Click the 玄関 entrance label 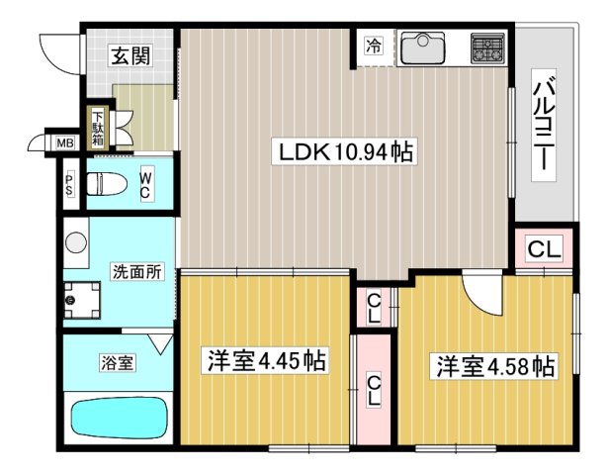click(x=129, y=55)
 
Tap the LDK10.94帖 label click(x=345, y=153)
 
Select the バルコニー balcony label click(x=543, y=125)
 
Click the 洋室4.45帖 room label click(x=266, y=359)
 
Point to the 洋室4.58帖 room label click(x=490, y=366)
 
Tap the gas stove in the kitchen click(x=487, y=47)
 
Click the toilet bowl click(x=106, y=183)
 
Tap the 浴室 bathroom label click(x=118, y=363)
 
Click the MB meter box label click(x=64, y=144)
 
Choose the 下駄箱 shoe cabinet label click(x=99, y=127)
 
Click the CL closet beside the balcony click(x=543, y=250)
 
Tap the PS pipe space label click(x=69, y=184)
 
